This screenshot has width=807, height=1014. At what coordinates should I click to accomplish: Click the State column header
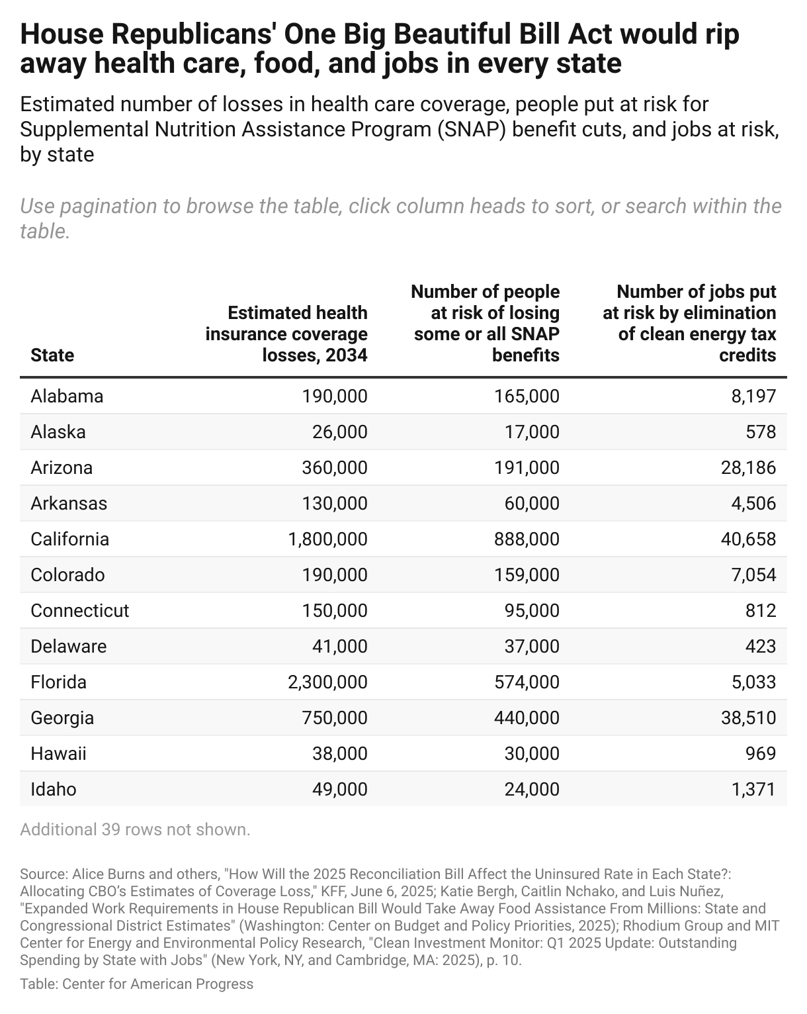(x=52, y=355)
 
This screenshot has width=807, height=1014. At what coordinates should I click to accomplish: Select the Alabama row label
(x=67, y=396)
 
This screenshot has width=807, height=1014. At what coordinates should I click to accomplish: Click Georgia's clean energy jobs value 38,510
(x=749, y=717)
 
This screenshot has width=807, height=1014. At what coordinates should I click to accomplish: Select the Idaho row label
(x=54, y=789)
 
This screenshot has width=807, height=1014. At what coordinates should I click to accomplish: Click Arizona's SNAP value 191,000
(x=527, y=467)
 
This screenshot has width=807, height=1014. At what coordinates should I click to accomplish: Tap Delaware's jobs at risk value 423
(x=760, y=646)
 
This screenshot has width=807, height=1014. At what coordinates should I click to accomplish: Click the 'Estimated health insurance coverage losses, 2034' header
(x=286, y=334)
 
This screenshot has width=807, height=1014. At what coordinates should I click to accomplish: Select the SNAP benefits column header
(x=486, y=323)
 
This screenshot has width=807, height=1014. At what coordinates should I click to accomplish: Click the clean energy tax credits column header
(x=689, y=323)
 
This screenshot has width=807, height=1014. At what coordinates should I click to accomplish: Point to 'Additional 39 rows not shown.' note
(x=135, y=829)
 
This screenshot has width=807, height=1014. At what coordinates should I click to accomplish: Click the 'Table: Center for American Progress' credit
(x=137, y=984)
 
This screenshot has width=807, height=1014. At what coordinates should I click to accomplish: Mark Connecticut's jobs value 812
(x=760, y=610)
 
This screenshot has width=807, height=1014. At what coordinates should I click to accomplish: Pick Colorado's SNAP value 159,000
(x=527, y=575)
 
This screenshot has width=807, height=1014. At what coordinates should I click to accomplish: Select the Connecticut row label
(x=80, y=610)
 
